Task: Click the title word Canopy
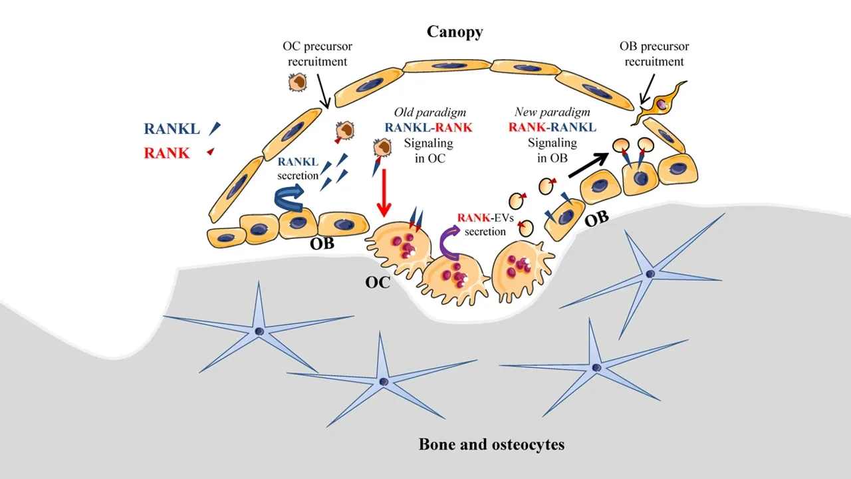[455, 32]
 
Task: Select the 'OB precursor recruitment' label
[654, 55]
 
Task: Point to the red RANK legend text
[167, 154]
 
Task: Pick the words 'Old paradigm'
[429, 112]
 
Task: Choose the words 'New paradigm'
[552, 112]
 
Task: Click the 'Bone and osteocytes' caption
[491, 444]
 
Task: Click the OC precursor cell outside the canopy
[297, 82]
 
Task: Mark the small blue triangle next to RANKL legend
[215, 128]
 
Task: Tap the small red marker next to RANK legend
[211, 152]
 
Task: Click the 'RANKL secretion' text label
[298, 169]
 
